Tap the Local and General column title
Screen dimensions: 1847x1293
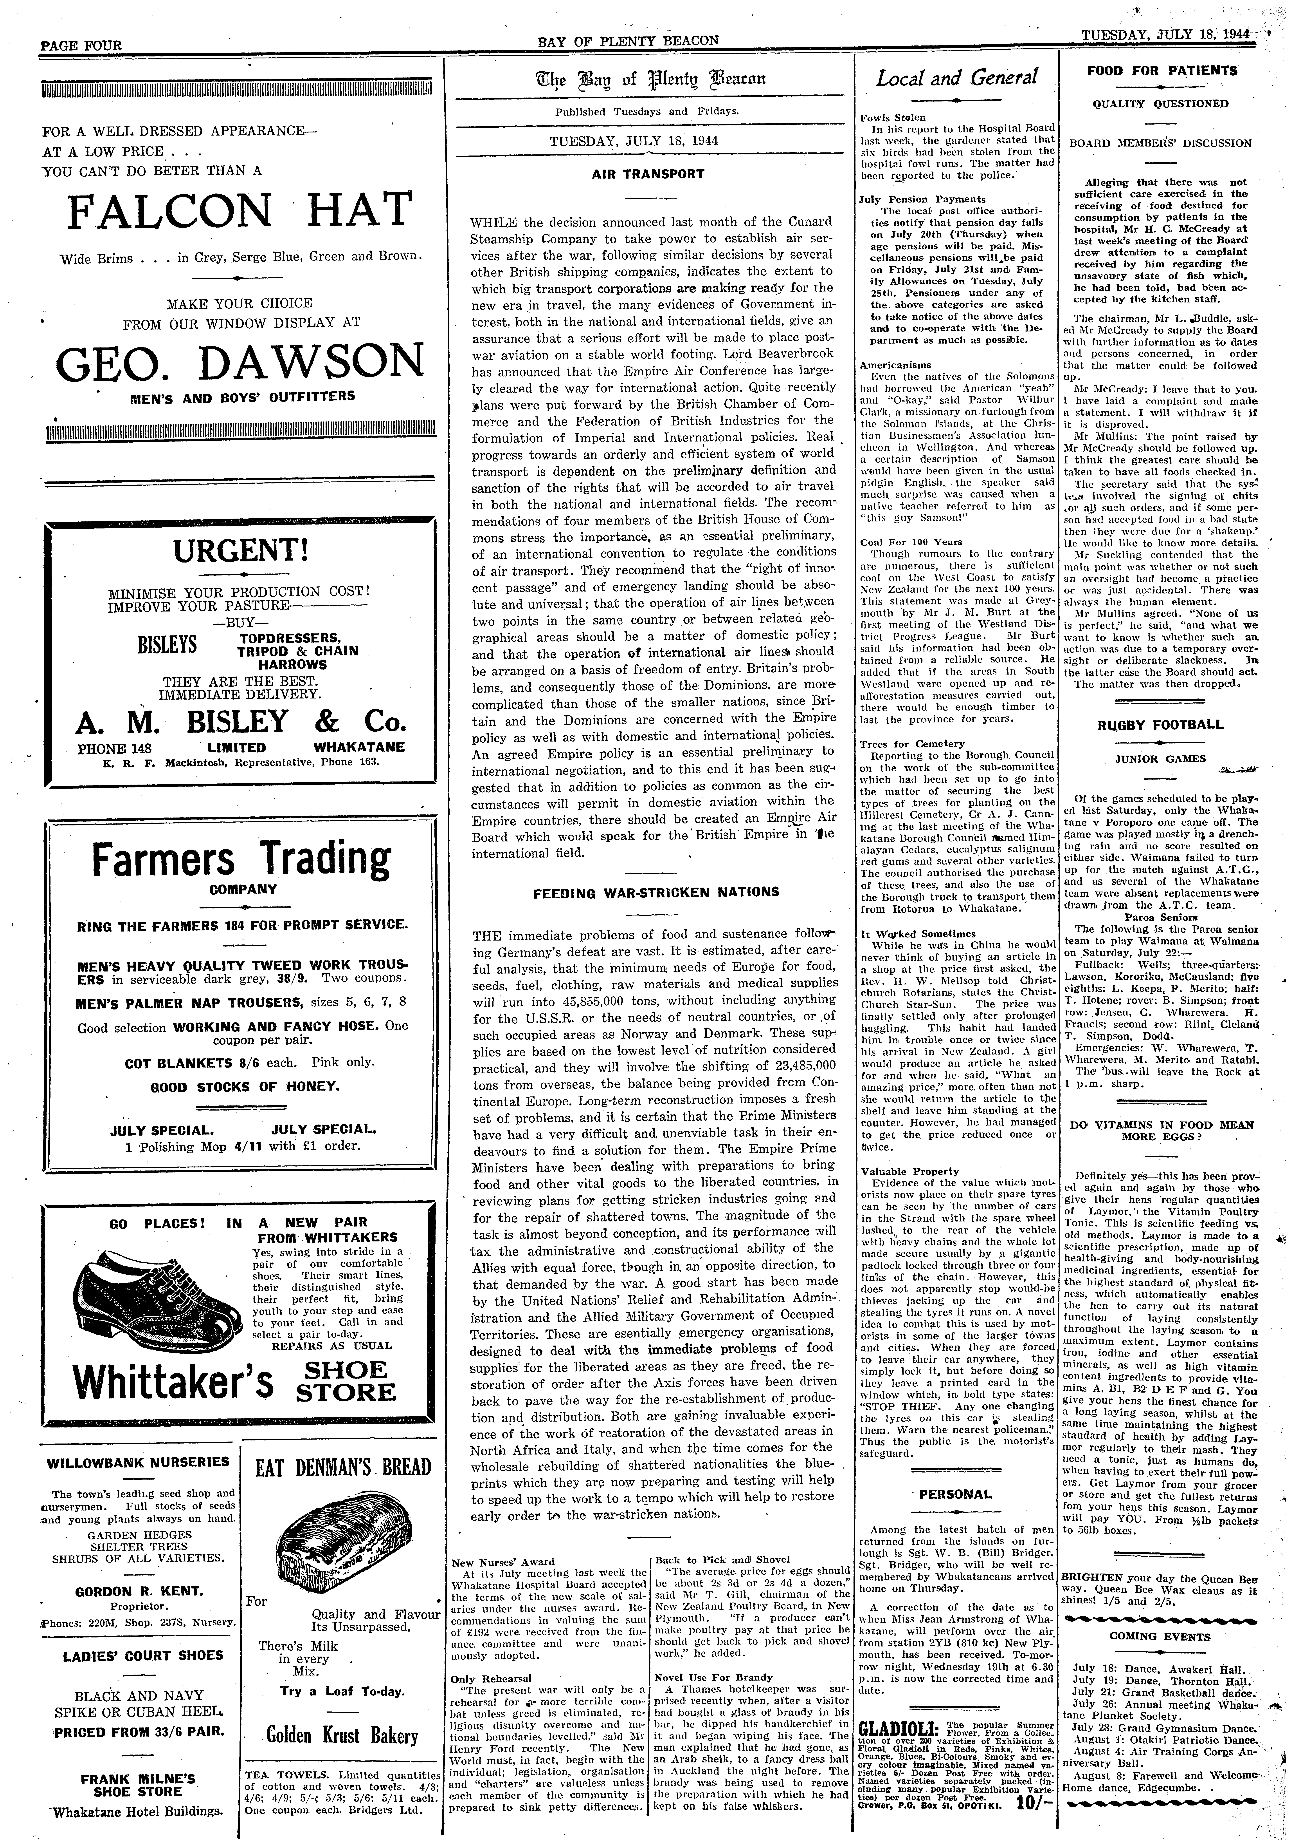(957, 78)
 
